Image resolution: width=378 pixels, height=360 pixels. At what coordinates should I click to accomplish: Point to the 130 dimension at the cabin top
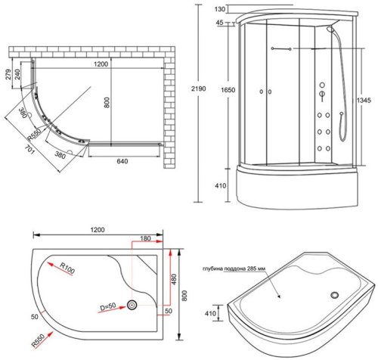[221, 9]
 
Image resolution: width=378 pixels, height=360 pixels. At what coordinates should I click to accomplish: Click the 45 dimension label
[220, 23]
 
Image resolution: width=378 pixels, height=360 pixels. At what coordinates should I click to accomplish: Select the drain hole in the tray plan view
[133, 306]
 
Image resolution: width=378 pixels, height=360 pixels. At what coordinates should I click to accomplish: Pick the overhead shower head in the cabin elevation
[330, 31]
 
